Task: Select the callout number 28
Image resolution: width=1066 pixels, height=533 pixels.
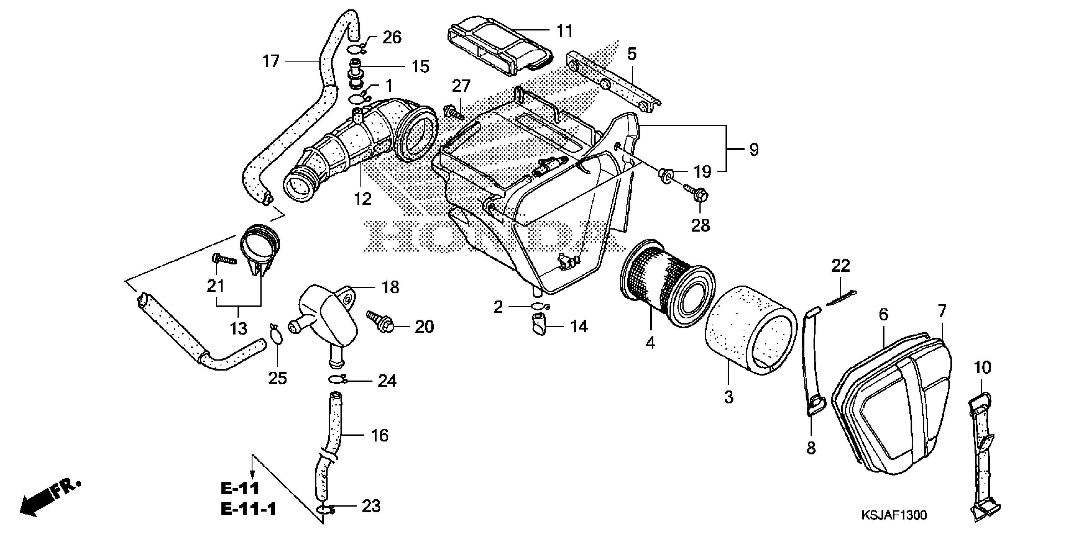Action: (700, 225)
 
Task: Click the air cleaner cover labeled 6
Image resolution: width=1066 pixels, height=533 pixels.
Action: (890, 406)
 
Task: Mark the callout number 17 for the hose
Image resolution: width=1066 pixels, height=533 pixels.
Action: (271, 61)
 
